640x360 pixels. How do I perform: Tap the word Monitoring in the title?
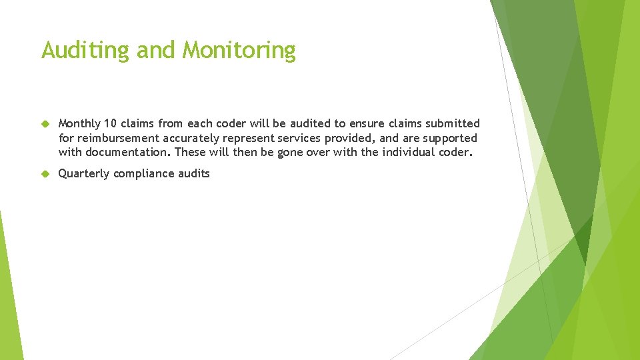[x=239, y=51]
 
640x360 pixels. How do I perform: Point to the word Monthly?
[x=79, y=124]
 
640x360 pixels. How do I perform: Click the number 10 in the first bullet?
[x=111, y=124]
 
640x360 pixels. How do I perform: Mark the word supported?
[x=450, y=139]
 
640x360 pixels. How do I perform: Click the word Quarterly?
[x=84, y=174]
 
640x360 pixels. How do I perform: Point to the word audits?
[x=194, y=174]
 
